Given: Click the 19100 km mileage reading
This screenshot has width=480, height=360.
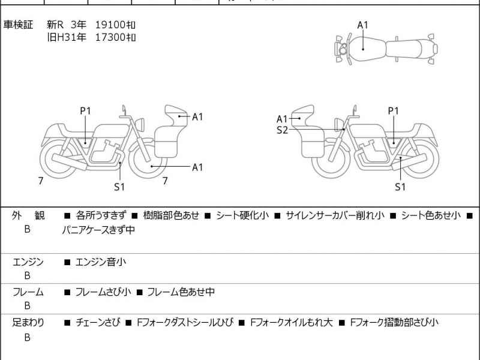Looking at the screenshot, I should [x=116, y=25].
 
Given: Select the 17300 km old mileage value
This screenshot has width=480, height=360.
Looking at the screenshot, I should [x=116, y=37].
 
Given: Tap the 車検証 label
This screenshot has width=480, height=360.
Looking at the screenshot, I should [x=18, y=25].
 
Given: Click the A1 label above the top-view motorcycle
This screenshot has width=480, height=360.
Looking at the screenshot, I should [x=363, y=25].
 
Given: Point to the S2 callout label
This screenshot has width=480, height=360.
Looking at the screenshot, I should [x=282, y=130].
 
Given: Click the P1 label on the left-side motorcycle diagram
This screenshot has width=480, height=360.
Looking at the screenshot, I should [x=85, y=110].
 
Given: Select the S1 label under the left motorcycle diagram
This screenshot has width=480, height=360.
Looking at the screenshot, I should [x=119, y=187].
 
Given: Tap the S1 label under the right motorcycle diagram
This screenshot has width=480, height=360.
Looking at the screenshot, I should [x=400, y=187].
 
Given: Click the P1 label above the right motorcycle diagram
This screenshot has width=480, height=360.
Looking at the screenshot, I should [x=393, y=110].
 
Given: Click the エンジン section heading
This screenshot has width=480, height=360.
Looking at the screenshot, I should [x=28, y=262].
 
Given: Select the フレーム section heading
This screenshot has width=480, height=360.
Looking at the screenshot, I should [x=28, y=292].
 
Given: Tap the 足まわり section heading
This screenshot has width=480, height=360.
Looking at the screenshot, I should [x=28, y=322].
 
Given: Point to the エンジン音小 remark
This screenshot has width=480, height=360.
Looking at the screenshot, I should [x=100, y=262].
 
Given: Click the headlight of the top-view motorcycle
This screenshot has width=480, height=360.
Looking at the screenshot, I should [x=342, y=52].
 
